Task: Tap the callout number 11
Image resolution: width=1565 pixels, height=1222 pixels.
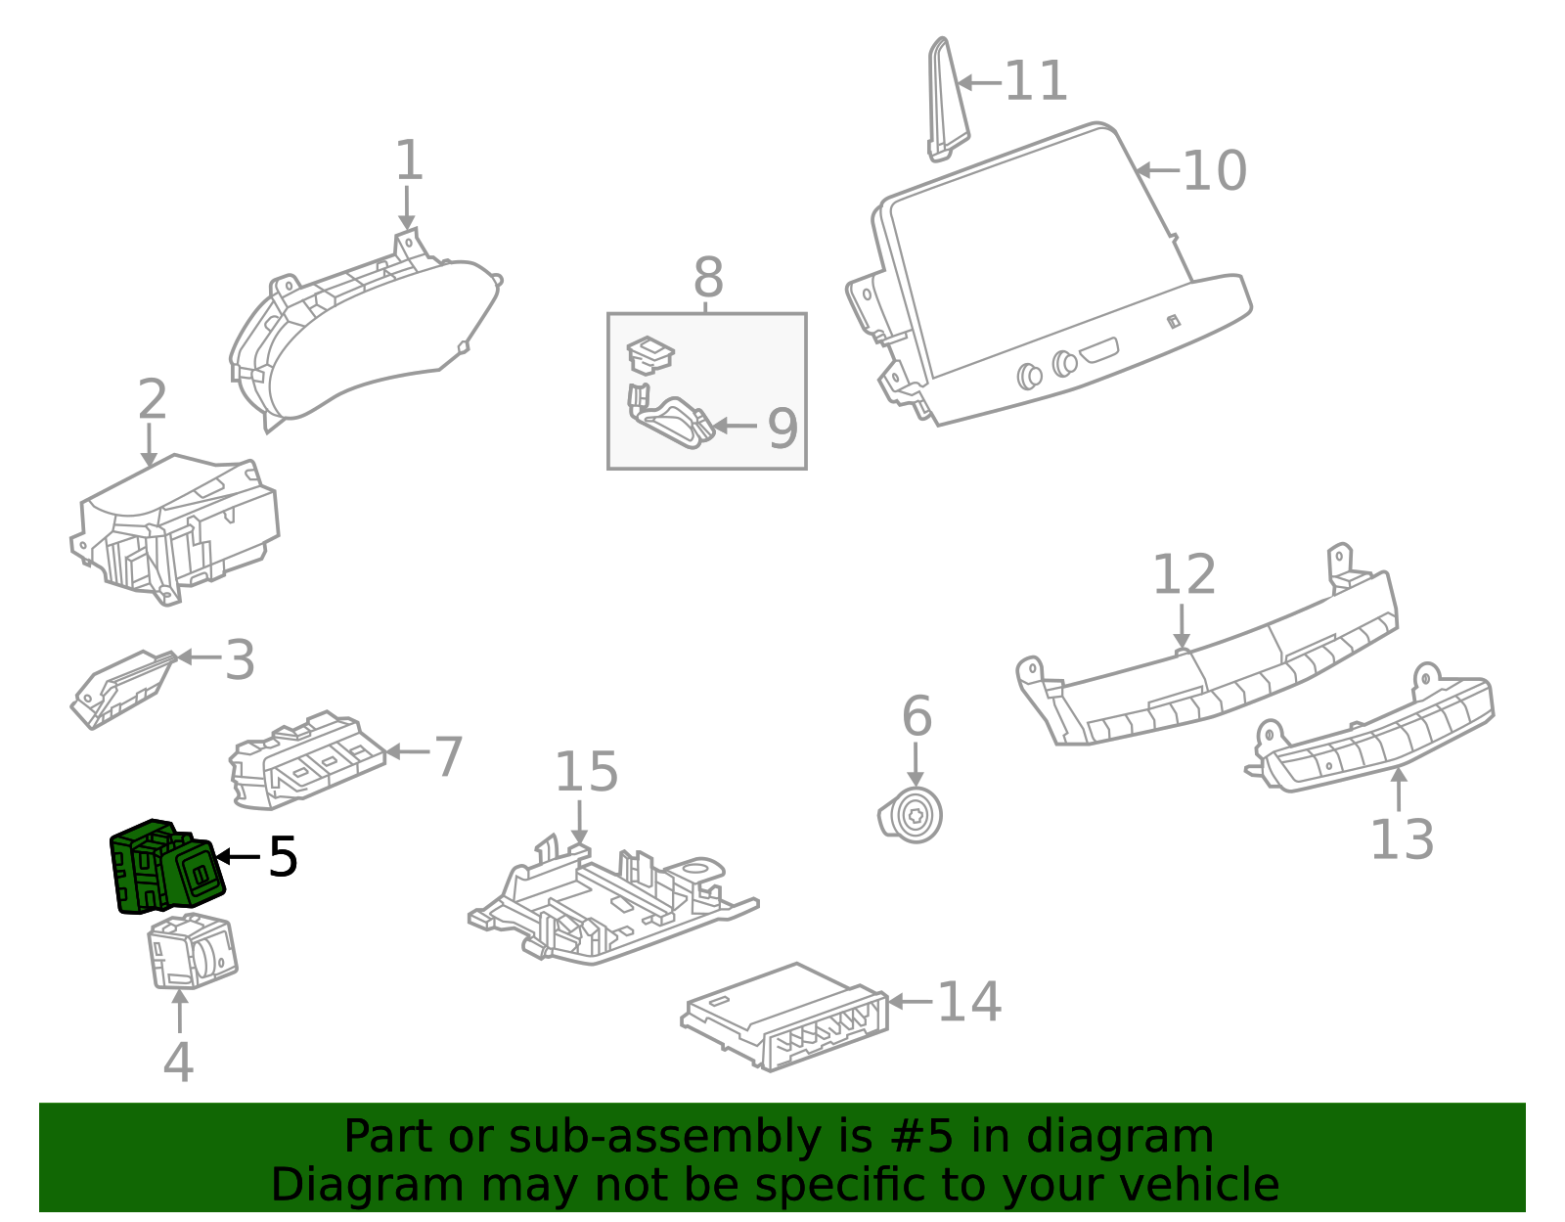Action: pyautogui.click(x=1036, y=81)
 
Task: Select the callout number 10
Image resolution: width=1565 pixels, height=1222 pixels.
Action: pyautogui.click(x=1214, y=171)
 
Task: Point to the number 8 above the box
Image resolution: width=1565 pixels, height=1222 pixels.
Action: pyautogui.click(x=708, y=278)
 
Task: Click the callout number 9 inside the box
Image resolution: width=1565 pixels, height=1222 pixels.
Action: pyautogui.click(x=782, y=429)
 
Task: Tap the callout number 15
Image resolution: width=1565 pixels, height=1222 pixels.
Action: pyautogui.click(x=586, y=772)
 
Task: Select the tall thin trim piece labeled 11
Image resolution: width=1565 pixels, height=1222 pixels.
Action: pyautogui.click(x=945, y=98)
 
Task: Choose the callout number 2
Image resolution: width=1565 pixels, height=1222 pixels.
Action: pyautogui.click(x=152, y=400)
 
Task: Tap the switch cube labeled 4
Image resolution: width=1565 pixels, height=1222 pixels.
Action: pyautogui.click(x=193, y=952)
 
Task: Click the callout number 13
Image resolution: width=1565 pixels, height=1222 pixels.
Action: pyautogui.click(x=1401, y=839)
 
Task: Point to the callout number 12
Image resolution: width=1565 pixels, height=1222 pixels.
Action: pyautogui.click(x=1184, y=574)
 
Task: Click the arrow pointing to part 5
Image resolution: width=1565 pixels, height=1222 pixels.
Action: pyautogui.click(x=238, y=857)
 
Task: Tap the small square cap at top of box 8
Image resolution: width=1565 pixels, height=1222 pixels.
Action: pyautogui.click(x=649, y=353)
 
